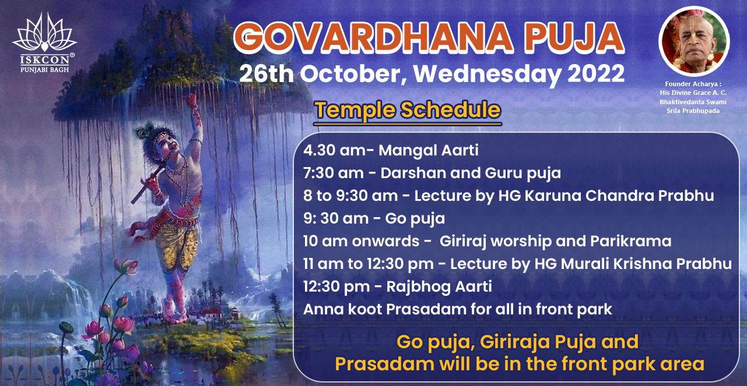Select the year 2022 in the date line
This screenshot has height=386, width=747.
tap(597, 73)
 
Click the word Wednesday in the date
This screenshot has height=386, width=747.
tap(488, 74)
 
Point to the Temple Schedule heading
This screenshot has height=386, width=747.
tap(408, 110)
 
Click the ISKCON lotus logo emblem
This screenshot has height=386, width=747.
tap(45, 33)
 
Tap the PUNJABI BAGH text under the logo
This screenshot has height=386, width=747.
tap(45, 70)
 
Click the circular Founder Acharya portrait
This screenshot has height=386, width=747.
tap(694, 41)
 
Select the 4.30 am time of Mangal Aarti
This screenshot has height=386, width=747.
tap(335, 150)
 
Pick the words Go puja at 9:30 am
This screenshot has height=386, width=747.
tap(415, 219)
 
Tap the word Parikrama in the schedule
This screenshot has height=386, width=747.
tap(630, 241)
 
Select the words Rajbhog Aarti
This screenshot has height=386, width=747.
tap(439, 287)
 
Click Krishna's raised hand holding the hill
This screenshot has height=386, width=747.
tap(192, 101)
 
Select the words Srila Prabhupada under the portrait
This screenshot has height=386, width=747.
tap(693, 111)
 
